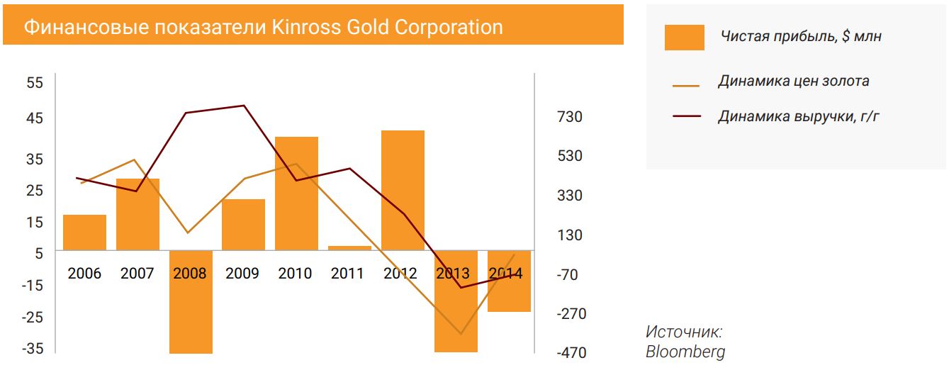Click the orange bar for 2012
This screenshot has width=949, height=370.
click(403, 190)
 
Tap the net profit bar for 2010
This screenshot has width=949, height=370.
click(296, 193)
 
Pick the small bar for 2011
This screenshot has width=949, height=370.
click(349, 248)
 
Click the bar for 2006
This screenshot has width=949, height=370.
click(84, 232)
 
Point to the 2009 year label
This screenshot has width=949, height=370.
click(242, 274)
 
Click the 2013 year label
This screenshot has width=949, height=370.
click(454, 274)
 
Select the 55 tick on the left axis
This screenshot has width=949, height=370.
click(35, 83)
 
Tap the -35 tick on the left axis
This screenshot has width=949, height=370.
click(33, 349)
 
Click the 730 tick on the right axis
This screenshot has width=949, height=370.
click(570, 116)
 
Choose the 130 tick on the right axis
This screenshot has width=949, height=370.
click(570, 235)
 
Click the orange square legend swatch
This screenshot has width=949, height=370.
click(684, 38)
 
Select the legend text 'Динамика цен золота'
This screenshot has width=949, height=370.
click(793, 81)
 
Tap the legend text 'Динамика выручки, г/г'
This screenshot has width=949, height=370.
click(799, 116)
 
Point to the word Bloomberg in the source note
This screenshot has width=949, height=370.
click(685, 352)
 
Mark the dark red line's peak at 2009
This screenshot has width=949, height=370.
click(244, 106)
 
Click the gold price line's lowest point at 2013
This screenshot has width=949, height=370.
click(461, 333)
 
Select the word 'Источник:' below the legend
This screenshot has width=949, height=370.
click(684, 332)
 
